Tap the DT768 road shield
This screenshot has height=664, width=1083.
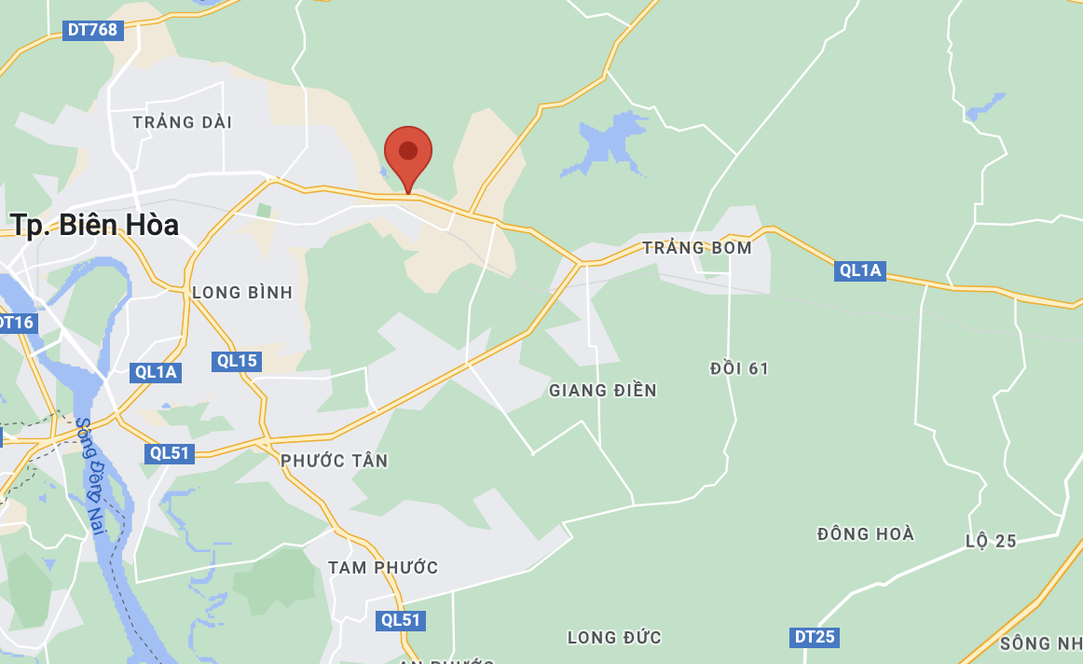pyautogui.click(x=92, y=30)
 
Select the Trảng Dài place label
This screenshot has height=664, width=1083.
pyautogui.click(x=183, y=122)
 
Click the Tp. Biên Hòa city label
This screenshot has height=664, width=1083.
pyautogui.click(x=94, y=225)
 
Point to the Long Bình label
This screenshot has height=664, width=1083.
pyautogui.click(x=242, y=293)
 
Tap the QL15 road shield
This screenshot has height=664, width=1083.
pyautogui.click(x=235, y=361)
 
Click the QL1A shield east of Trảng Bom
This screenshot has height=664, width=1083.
pyautogui.click(x=860, y=270)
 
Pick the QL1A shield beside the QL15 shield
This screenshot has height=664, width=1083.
pyautogui.click(x=156, y=372)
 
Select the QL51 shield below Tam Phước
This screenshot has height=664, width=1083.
pyautogui.click(x=402, y=620)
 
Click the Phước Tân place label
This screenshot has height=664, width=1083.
pyautogui.click(x=335, y=461)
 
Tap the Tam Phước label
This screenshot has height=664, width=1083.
pyautogui.click(x=383, y=567)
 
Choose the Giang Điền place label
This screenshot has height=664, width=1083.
pyautogui.click(x=603, y=390)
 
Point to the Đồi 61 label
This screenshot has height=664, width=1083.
pyautogui.click(x=739, y=368)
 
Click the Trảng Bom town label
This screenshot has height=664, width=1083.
pyautogui.click(x=696, y=248)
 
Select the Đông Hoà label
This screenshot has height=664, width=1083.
pyautogui.click(x=866, y=534)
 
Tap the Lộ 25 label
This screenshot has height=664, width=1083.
pyautogui.click(x=991, y=541)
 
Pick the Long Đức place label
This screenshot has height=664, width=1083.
pyautogui.click(x=614, y=638)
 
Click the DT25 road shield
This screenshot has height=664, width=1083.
pyautogui.click(x=814, y=638)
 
